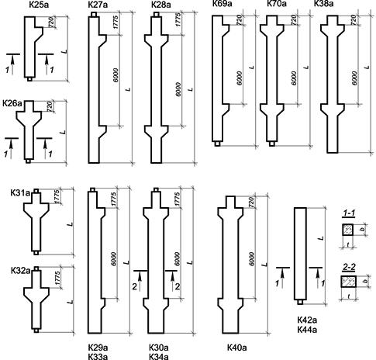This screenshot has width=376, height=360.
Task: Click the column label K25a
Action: (40, 5)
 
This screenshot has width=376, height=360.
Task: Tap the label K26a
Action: (12, 103)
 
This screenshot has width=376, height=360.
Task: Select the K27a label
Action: (98, 5)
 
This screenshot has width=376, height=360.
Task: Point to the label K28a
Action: (160, 5)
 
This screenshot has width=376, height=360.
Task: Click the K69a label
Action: (222, 4)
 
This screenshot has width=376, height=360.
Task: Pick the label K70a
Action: (277, 4)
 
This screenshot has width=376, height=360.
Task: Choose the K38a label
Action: (323, 4)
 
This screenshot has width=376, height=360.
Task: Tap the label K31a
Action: (21, 193)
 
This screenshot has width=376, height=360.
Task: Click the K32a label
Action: (21, 271)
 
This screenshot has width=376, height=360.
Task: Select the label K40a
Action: (237, 348)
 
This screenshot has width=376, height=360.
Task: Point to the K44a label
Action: (307, 330)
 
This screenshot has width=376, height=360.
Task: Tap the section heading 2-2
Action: (349, 268)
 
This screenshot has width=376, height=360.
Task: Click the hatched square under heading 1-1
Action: (348, 230)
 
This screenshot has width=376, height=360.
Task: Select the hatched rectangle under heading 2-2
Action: (349, 282)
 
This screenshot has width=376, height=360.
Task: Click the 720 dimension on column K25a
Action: (50, 22)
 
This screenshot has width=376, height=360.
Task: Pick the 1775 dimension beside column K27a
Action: (116, 22)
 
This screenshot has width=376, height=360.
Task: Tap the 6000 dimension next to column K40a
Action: (252, 259)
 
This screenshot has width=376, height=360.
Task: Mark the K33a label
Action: (98, 357)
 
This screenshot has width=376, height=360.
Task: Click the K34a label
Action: (159, 357)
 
